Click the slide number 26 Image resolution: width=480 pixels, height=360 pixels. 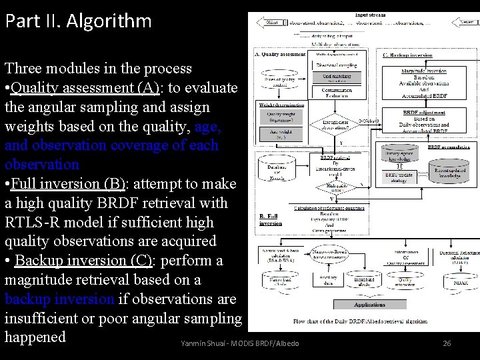click(447, 343)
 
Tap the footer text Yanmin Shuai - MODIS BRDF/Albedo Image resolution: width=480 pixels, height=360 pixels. click(239, 343)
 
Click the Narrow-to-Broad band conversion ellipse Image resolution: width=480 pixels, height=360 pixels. click(330, 255)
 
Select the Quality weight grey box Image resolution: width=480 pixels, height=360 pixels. click(282, 116)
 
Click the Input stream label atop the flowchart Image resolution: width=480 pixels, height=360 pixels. click(370, 15)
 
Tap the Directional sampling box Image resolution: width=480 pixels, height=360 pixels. click(336, 65)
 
